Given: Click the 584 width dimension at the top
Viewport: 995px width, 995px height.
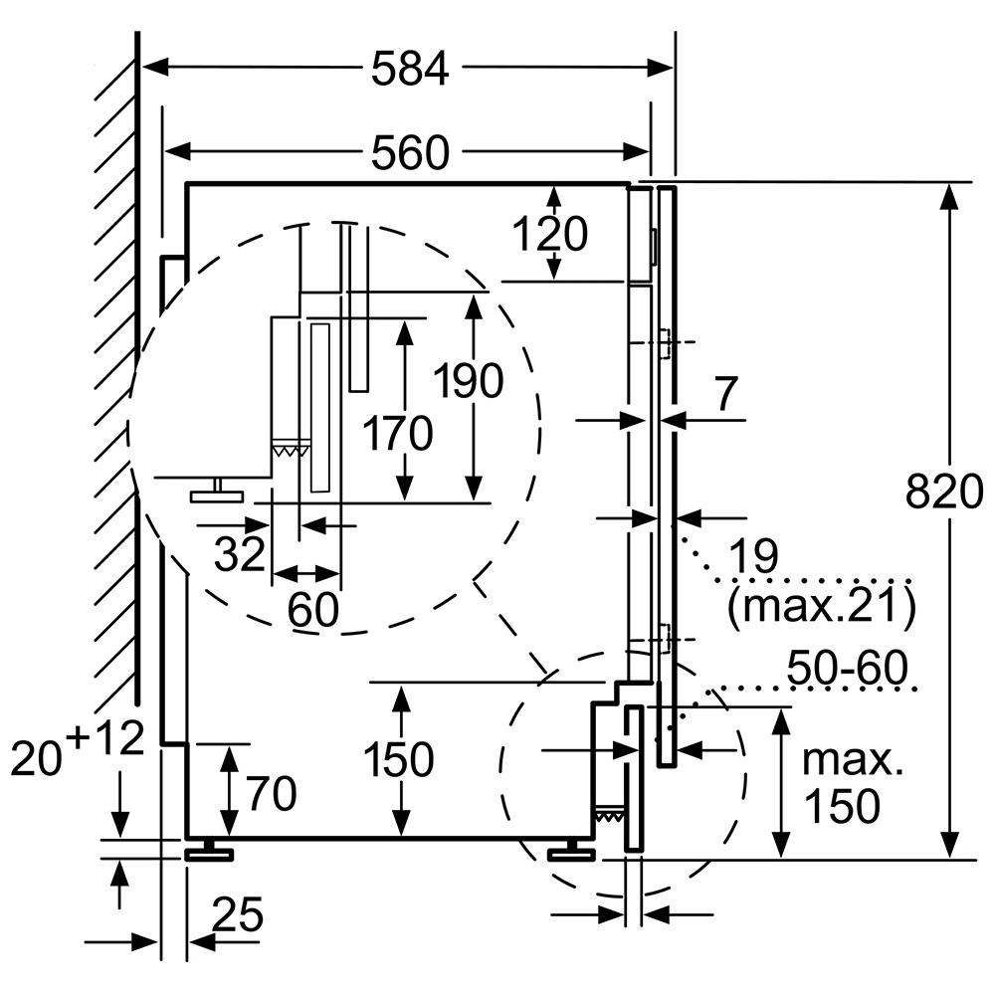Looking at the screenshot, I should (x=410, y=69).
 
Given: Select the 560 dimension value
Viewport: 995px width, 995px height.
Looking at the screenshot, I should (x=410, y=152).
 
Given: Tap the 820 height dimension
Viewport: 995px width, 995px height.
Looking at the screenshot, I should (x=945, y=492).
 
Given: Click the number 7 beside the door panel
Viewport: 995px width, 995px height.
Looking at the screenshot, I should (x=725, y=396).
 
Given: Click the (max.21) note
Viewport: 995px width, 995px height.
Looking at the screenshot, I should (x=821, y=605).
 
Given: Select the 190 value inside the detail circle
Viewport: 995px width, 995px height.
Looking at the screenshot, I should (x=469, y=381).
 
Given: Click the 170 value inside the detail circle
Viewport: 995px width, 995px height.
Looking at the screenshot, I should (x=399, y=434).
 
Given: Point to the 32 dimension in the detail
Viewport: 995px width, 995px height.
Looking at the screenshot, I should (x=240, y=554).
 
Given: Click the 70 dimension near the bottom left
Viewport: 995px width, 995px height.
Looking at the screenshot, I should (x=272, y=793).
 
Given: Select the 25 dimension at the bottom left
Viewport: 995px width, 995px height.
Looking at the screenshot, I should (x=236, y=913).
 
